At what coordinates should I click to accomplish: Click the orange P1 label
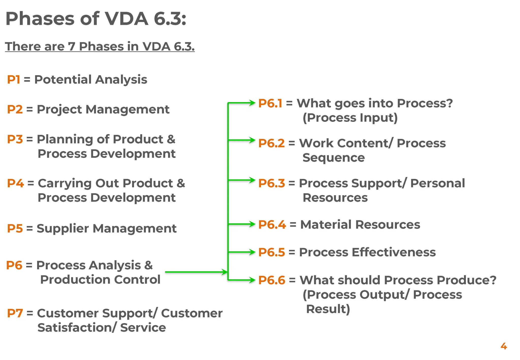tap(13, 79)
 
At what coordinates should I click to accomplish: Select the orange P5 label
tap(15, 228)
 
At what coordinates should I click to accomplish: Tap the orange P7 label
tap(15, 313)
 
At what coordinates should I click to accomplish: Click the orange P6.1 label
tap(270, 103)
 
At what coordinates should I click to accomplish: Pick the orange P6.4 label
tap(272, 224)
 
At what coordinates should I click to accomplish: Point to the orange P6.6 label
tap(272, 280)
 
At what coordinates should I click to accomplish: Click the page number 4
tap(503, 346)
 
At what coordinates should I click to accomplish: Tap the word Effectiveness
tap(394, 252)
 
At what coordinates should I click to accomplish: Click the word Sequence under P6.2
tap(333, 158)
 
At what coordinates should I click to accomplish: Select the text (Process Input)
tap(350, 118)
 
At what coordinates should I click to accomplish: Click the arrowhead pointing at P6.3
tap(252, 180)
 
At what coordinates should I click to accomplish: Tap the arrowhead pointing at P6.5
tap(252, 252)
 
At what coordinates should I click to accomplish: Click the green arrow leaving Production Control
tap(196, 272)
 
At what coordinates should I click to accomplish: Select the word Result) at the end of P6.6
tap(328, 309)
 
